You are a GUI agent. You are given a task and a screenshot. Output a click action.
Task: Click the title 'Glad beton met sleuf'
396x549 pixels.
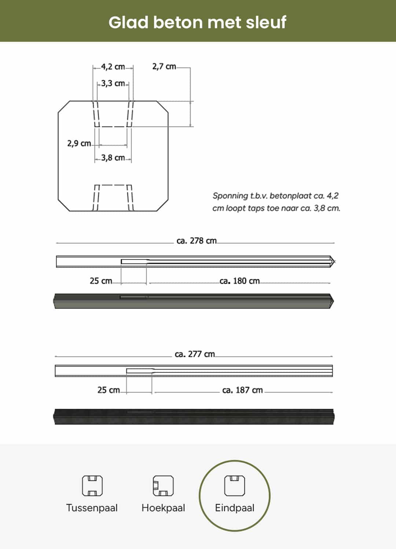click(197, 23)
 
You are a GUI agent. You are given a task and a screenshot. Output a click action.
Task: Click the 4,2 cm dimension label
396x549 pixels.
click(113, 67)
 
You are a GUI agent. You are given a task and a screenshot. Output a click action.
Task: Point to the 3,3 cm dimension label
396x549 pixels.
click(113, 83)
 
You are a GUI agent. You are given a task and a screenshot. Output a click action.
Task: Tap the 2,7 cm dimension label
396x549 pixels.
click(164, 66)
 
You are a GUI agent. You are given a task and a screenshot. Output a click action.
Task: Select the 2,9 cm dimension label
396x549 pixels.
click(79, 143)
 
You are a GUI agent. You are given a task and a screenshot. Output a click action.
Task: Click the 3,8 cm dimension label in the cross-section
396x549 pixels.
click(113, 158)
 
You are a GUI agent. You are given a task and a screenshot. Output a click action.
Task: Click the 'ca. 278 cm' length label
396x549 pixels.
click(197, 241)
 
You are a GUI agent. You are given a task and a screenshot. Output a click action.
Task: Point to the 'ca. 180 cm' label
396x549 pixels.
click(239, 281)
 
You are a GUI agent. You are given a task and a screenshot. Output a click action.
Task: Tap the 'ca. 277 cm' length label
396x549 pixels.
click(195, 354)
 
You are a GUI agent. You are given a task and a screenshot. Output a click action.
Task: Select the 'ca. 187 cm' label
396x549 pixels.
click(242, 390)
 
